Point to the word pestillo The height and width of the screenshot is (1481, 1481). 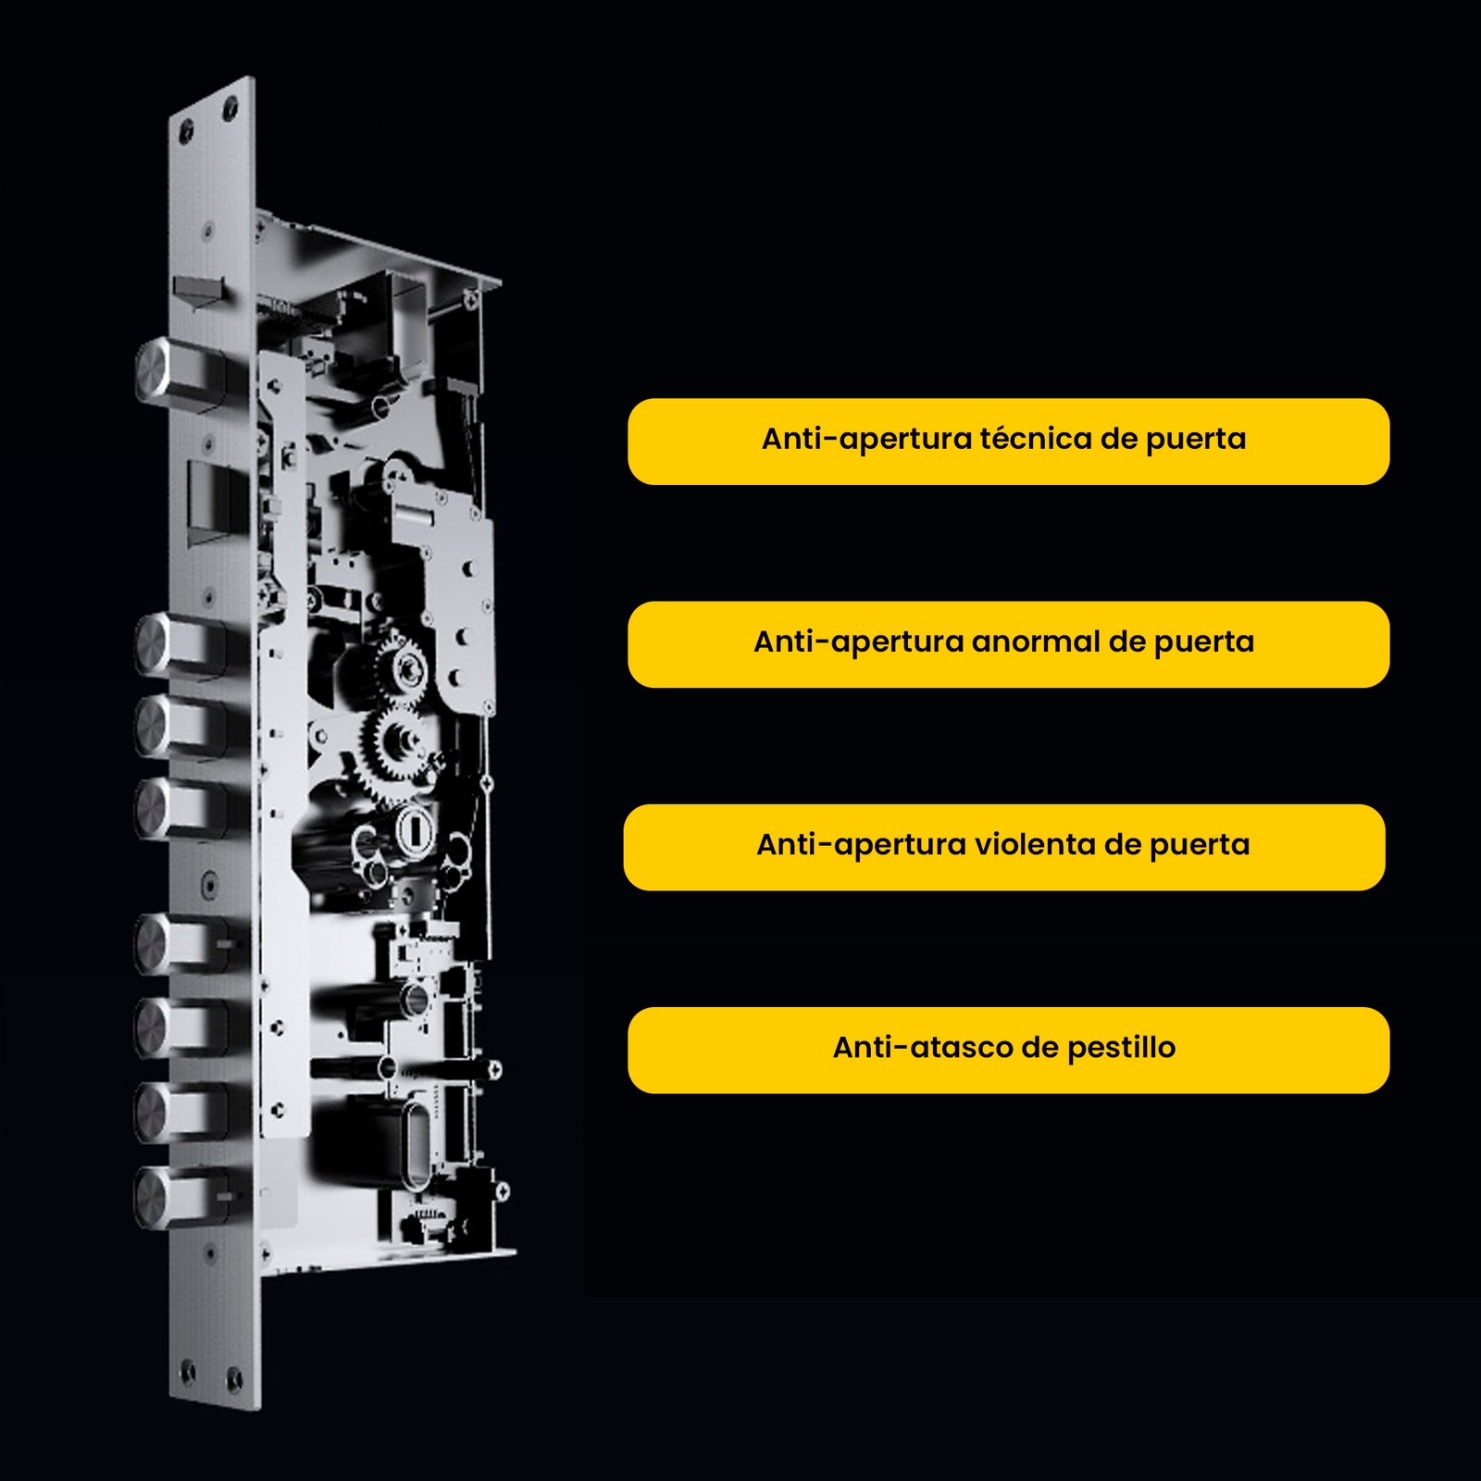(x=1121, y=1047)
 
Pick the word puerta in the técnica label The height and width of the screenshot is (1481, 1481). (x=1196, y=439)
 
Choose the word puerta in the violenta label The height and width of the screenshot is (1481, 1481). (x=1200, y=845)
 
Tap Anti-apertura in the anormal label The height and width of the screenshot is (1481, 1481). (x=858, y=641)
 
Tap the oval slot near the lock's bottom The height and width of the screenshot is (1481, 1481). (x=416, y=1144)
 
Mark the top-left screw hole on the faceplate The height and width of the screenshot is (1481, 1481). (x=186, y=130)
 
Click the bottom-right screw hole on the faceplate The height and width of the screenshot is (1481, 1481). (x=235, y=1380)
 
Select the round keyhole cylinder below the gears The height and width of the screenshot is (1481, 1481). (x=417, y=828)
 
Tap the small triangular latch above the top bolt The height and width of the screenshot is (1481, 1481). (x=198, y=292)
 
